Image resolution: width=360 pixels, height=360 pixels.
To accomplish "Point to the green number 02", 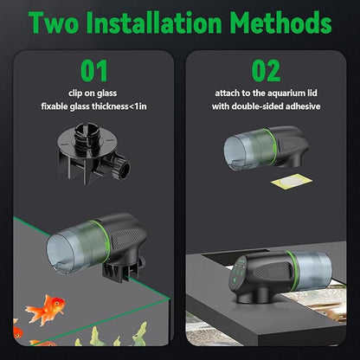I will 266,70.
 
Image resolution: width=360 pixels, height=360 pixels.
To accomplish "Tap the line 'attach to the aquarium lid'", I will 266,93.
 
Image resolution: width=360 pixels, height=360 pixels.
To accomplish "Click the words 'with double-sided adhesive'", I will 266,106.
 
